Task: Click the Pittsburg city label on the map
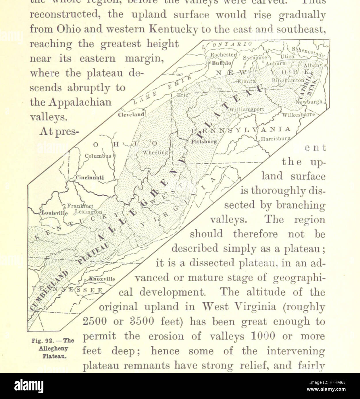(x=204, y=142)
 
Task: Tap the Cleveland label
(x=131, y=115)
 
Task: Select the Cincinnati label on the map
(x=90, y=178)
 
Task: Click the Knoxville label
(x=102, y=279)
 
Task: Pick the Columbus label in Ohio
(x=98, y=156)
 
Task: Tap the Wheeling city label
(x=155, y=152)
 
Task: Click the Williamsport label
(x=246, y=109)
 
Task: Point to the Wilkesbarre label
(x=299, y=115)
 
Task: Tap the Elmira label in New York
(x=246, y=81)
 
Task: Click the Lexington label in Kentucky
(x=88, y=212)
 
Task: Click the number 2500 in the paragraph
(x=95, y=321)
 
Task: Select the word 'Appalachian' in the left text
(x=70, y=102)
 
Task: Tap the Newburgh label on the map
(x=309, y=102)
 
